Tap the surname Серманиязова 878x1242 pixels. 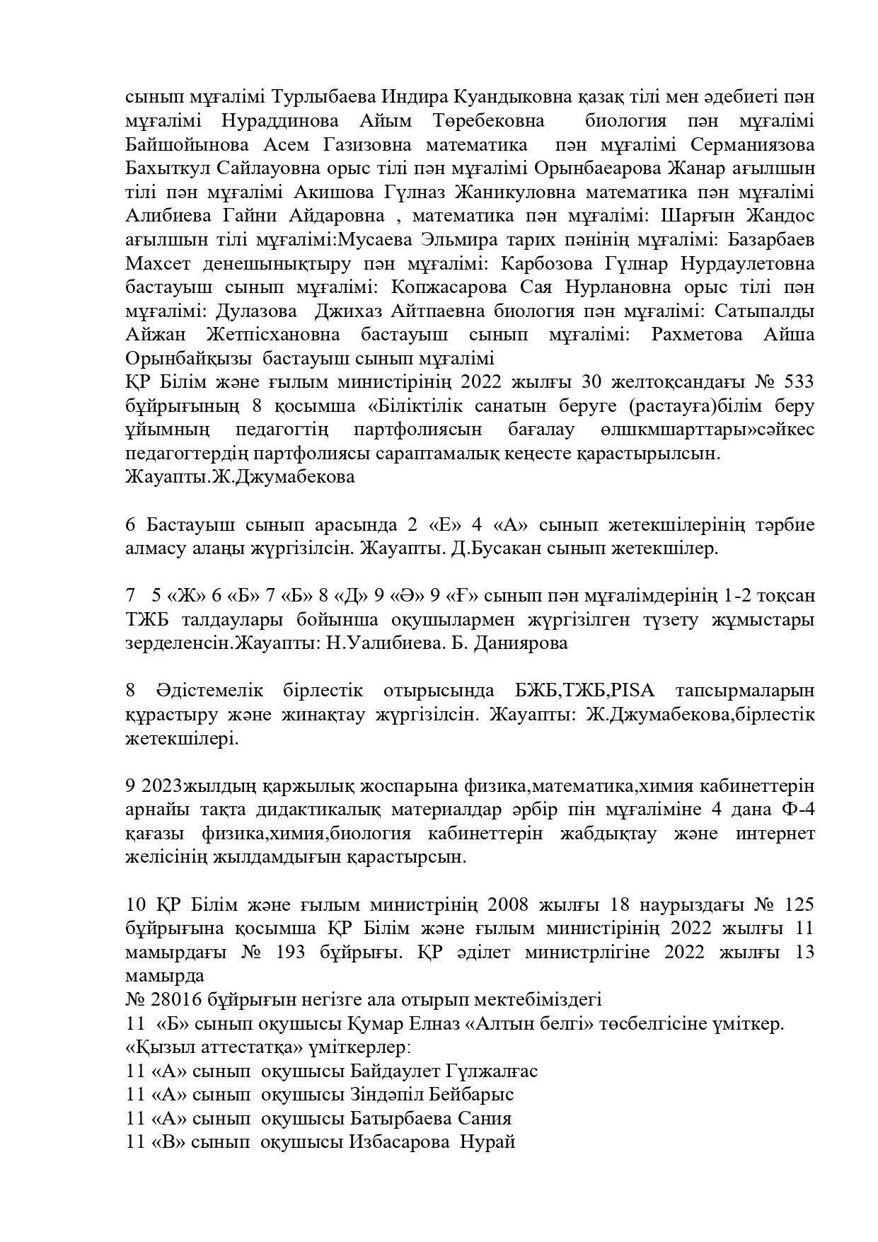(752, 145)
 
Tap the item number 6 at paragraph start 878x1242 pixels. (130, 525)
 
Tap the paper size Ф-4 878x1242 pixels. (799, 810)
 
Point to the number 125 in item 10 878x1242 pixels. (799, 904)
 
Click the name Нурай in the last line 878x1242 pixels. (488, 1142)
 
